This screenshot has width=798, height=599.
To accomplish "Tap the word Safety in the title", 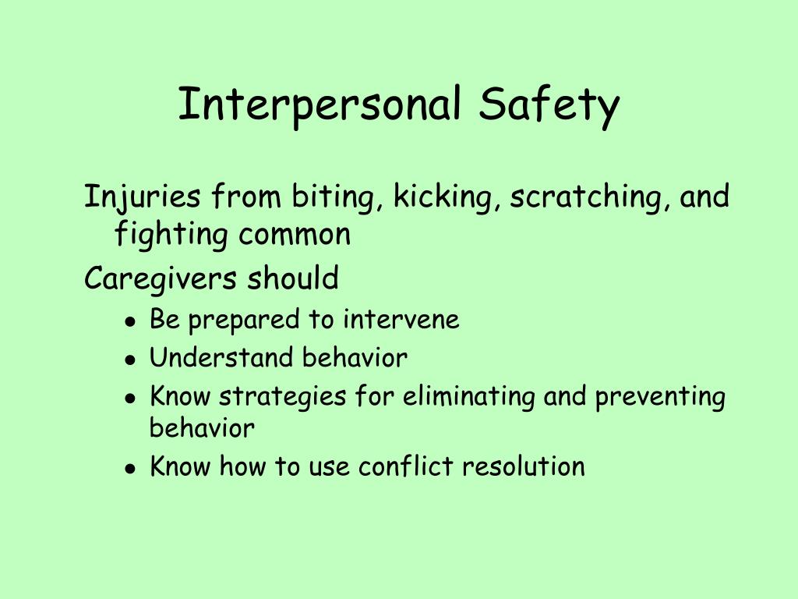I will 549,105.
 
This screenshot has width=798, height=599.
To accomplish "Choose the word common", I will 295,234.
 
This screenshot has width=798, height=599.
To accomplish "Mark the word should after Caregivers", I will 293,278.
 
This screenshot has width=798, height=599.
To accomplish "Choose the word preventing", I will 660,397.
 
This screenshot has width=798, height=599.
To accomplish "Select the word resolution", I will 523,466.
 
